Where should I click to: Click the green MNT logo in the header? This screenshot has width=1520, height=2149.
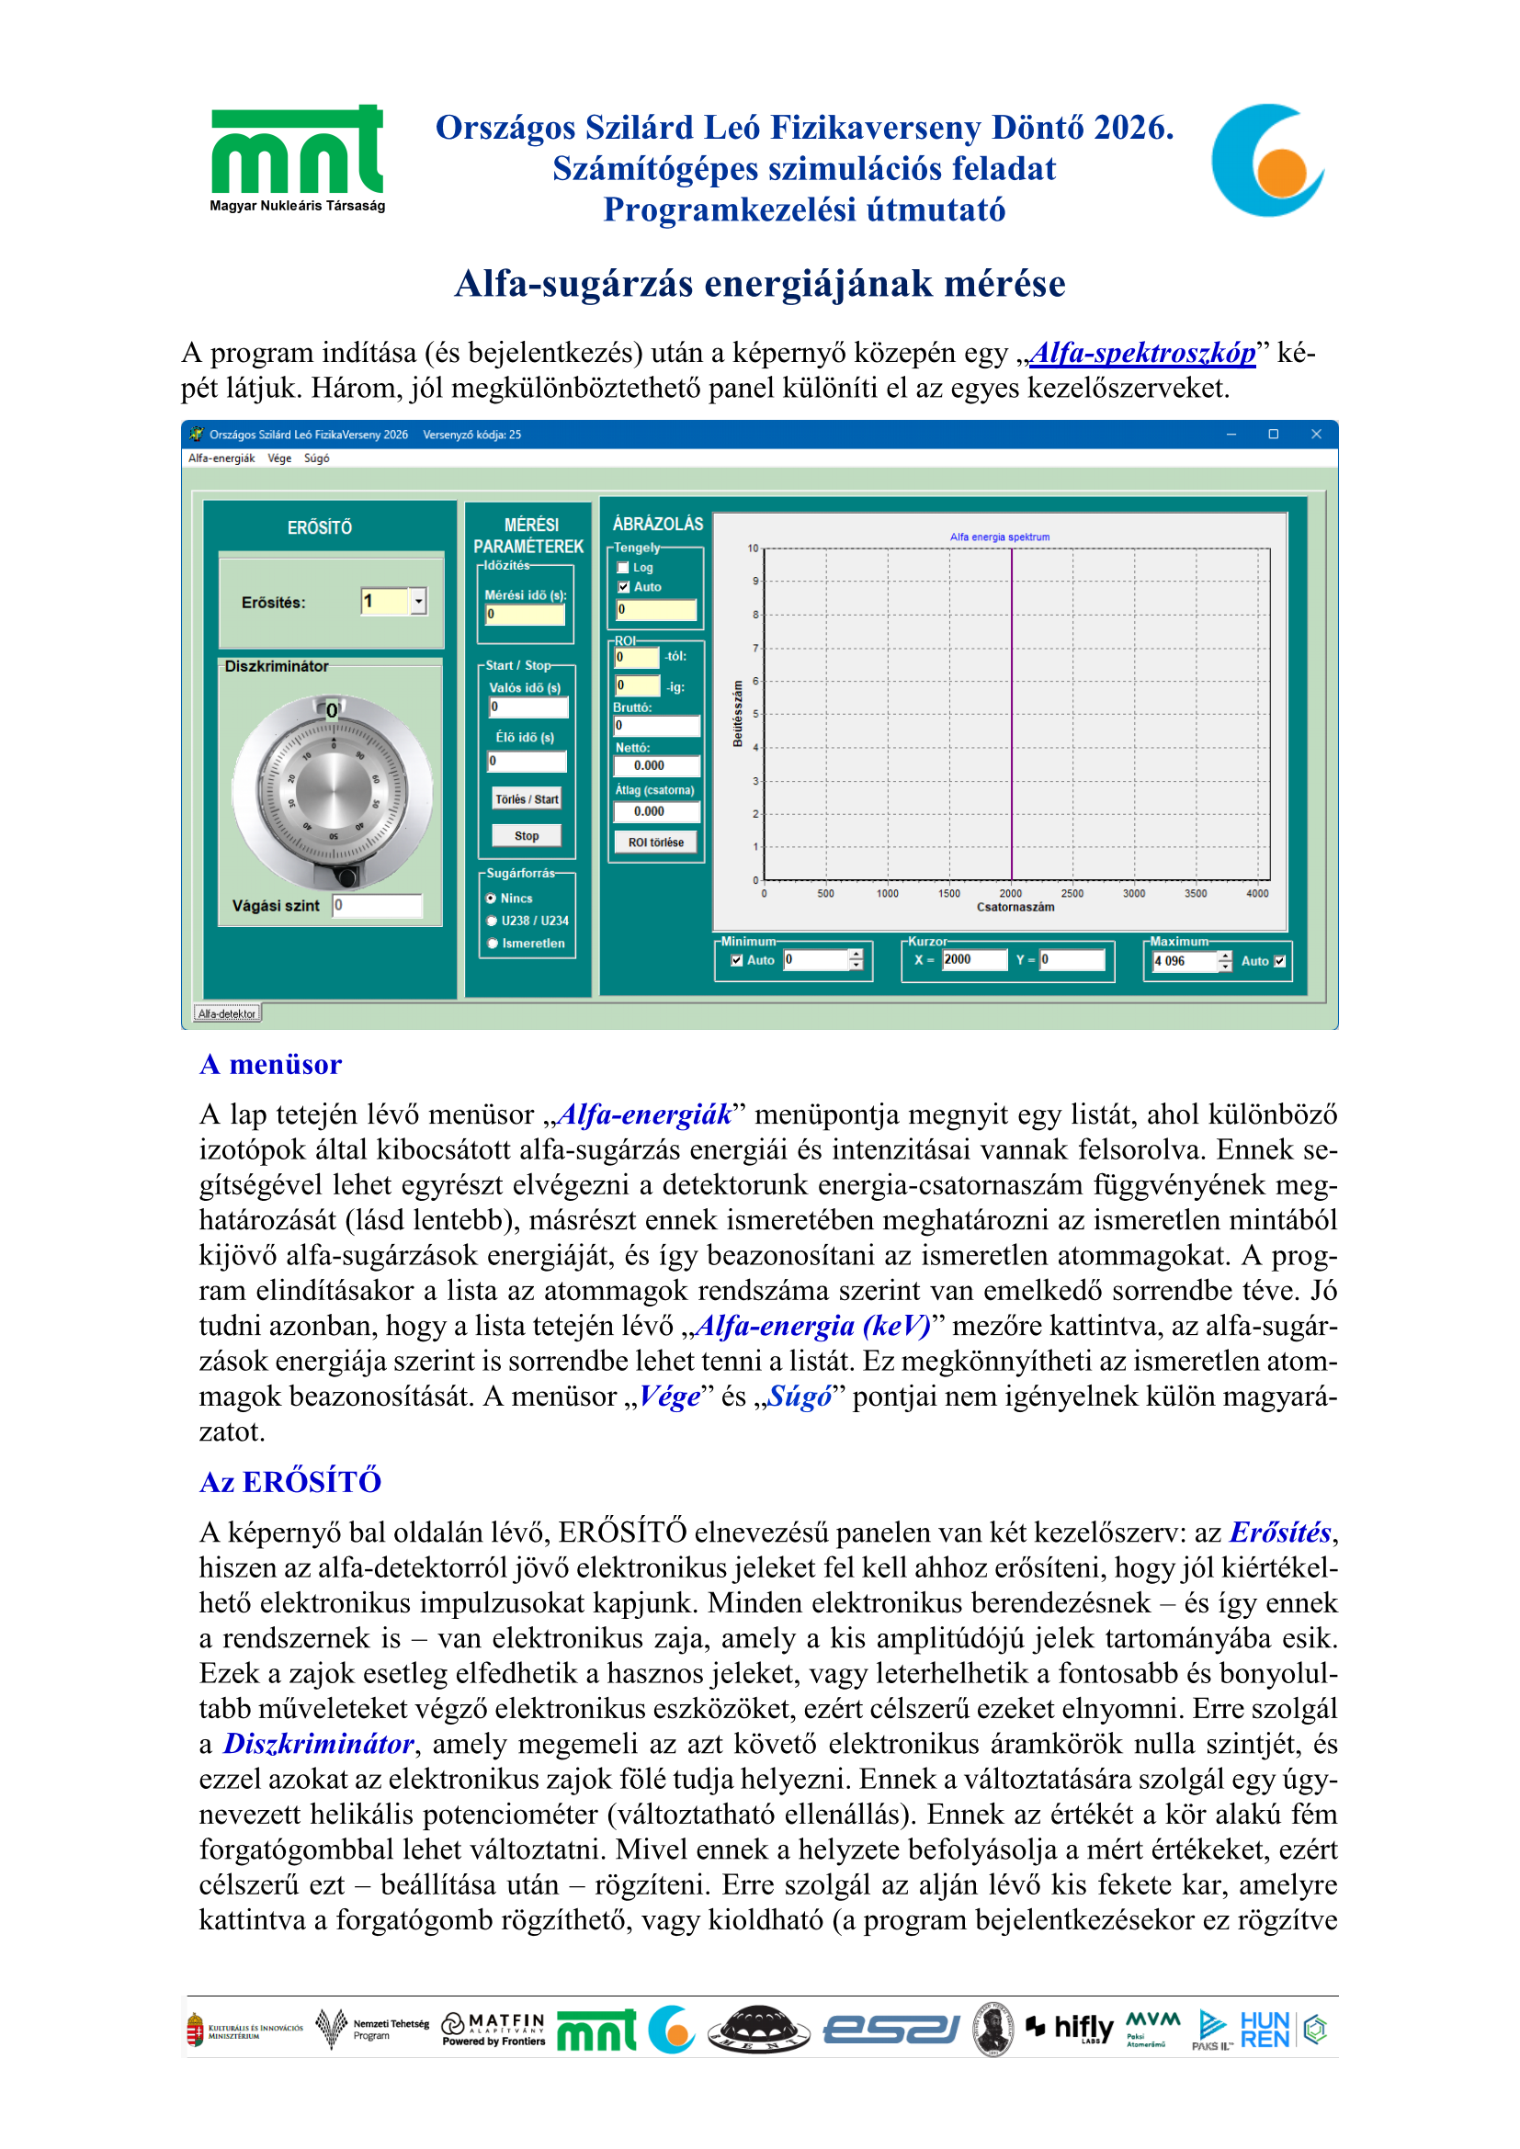297,152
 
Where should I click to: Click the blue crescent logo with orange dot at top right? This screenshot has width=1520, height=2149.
1267,160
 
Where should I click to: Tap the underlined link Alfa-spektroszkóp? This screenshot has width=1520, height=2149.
1142,353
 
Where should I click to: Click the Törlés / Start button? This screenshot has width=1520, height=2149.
527,799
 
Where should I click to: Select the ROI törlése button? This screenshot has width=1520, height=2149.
655,843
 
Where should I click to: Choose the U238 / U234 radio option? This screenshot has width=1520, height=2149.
493,921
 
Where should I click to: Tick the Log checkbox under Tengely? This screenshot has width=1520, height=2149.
624,567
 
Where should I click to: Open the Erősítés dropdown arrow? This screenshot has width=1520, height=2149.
418,602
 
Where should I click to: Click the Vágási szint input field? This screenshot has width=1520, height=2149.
377,905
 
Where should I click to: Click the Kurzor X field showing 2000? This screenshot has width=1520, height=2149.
973,959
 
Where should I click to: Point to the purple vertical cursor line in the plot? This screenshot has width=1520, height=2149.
1012,711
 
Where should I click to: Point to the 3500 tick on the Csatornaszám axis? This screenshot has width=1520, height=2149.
1196,894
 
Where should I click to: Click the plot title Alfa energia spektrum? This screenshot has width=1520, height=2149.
1000,537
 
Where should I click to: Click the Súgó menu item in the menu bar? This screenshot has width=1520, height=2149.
316,458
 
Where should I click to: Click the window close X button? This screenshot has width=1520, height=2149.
1316,435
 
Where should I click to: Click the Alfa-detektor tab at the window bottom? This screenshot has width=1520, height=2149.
226,1013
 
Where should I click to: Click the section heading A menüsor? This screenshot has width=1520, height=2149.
270,1065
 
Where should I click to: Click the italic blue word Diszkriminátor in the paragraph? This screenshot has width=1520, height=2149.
318,1745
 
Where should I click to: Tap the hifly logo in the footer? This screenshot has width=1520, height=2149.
1071,2029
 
